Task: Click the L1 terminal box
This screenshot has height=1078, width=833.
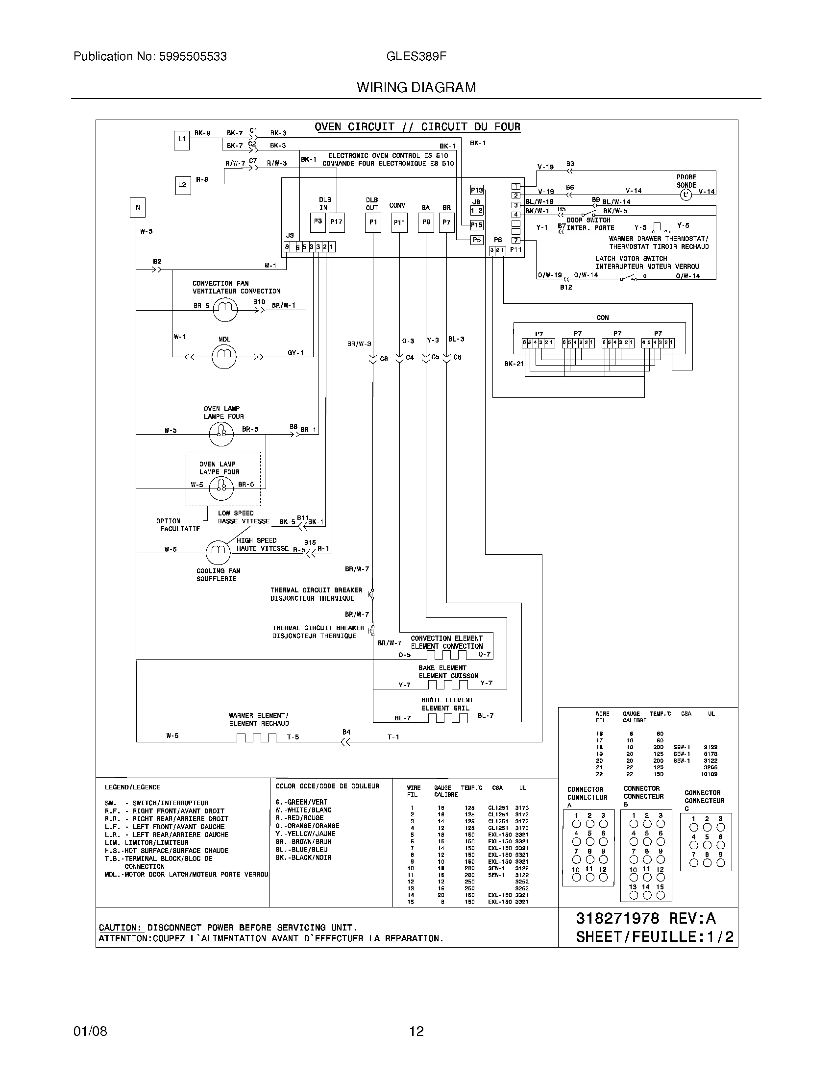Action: [x=182, y=140]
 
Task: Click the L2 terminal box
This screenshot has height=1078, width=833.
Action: [x=183, y=185]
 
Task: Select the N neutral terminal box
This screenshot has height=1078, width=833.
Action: [x=138, y=207]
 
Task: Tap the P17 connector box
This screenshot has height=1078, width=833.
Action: [x=337, y=222]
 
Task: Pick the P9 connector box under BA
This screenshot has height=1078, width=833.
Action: [x=426, y=222]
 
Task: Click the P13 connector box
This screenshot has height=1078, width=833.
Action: [x=476, y=190]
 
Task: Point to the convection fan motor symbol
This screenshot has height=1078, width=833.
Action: [x=225, y=310]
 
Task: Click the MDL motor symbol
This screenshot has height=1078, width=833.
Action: [x=224, y=356]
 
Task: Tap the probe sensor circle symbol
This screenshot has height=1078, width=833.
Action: [x=686, y=195]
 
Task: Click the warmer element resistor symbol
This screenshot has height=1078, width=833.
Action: [x=256, y=738]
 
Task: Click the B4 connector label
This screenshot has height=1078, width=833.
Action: [x=346, y=732]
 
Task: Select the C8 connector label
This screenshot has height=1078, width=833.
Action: [x=384, y=359]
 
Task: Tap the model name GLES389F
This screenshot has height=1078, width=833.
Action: [x=416, y=56]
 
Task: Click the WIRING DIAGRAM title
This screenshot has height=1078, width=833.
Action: [x=416, y=88]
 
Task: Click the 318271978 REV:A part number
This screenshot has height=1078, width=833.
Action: [x=645, y=919]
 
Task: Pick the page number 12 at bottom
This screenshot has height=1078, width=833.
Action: [x=416, y=1031]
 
